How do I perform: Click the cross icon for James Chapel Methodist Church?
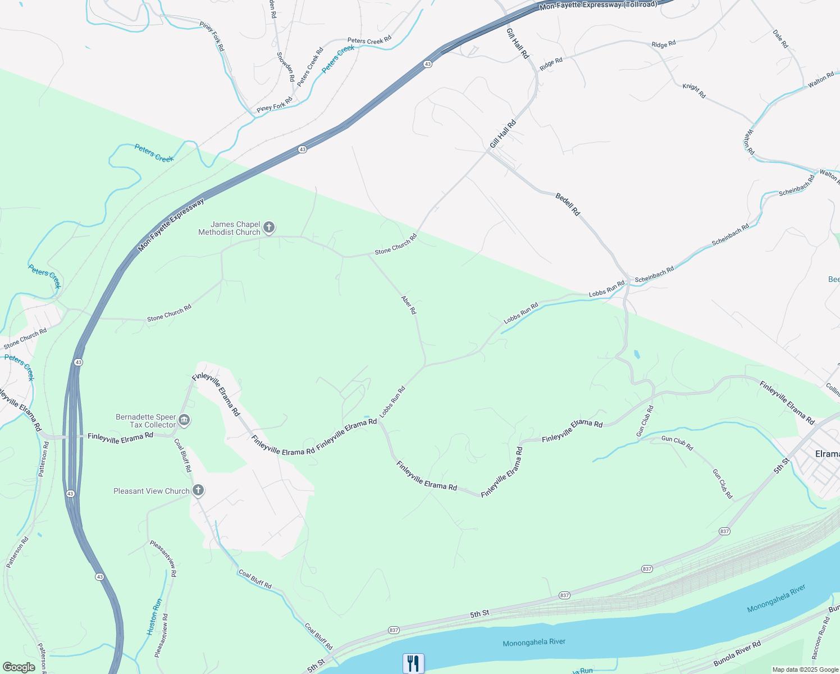coord(269,227)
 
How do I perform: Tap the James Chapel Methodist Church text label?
coord(230,228)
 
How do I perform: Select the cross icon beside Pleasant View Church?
coord(198,490)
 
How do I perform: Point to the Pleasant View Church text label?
coord(152,491)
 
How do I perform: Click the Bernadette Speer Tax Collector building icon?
coord(184,420)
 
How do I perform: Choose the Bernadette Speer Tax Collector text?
coord(146,421)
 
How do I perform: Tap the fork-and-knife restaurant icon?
coord(413,663)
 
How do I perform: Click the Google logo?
coord(19,667)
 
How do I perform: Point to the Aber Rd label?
coord(409,304)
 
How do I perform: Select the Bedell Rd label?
coord(568,204)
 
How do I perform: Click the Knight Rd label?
coord(694,90)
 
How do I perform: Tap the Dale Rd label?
coord(780,39)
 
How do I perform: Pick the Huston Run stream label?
coord(155,617)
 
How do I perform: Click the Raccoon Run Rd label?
coord(820,639)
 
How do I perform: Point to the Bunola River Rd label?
coord(737,653)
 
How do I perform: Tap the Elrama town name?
coord(827,453)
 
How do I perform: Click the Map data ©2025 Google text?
coord(805,670)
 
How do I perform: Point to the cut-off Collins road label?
coord(833,389)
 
